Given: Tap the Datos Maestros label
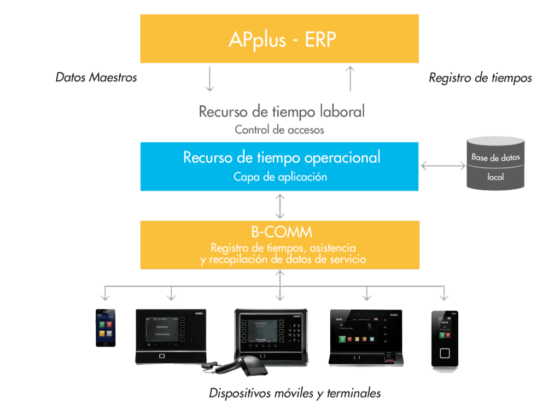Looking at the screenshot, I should tap(96, 77).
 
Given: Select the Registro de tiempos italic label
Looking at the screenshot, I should tap(480, 78).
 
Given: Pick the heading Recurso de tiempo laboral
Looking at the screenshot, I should tap(281, 112).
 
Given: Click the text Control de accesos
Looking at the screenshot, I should tap(279, 130).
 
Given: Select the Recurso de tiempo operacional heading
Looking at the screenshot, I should tap(281, 158).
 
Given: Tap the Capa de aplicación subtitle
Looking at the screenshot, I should tap(280, 177).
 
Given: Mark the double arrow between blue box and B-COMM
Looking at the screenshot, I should tap(280, 206).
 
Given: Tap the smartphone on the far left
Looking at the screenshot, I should tap(106, 328).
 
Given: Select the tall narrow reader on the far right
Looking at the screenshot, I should tap(444, 339).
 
